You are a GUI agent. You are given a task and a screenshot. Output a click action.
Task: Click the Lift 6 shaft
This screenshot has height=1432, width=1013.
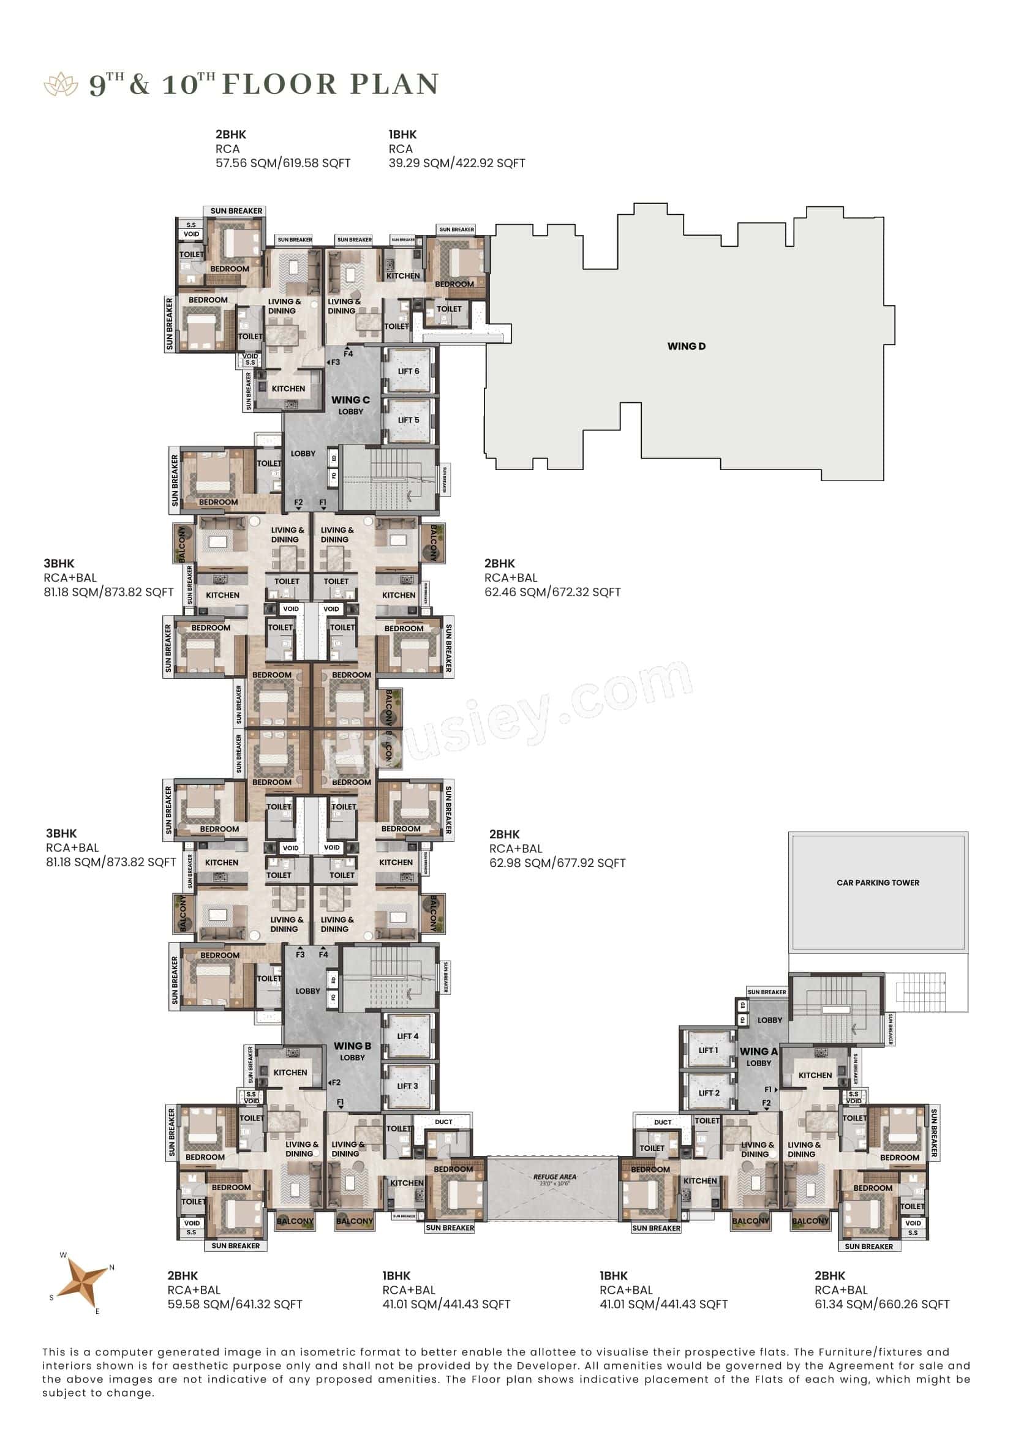coord(409,371)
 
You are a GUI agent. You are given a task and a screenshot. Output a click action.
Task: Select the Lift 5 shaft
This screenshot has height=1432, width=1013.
coord(409,421)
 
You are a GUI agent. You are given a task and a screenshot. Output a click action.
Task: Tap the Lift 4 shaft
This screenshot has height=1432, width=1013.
coord(408,1036)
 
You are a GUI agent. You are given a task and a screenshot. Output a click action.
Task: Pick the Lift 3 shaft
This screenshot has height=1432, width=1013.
coord(408,1086)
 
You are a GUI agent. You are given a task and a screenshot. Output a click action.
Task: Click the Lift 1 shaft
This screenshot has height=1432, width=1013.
coord(709,1051)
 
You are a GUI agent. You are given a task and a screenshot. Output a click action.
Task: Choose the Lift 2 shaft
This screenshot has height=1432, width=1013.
coord(709,1093)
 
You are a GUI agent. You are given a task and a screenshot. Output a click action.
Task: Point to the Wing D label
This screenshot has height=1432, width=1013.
coord(686,346)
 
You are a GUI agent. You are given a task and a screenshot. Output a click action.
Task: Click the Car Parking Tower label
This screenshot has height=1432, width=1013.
coord(878,883)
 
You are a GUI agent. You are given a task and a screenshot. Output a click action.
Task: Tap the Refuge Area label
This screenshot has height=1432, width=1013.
coord(554,1177)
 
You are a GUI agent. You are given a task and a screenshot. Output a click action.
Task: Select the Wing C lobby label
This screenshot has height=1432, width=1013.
coord(350,405)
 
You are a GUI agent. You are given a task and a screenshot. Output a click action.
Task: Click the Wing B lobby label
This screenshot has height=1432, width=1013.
coord(352,1051)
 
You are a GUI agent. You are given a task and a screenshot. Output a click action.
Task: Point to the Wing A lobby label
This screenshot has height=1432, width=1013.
coord(758,1057)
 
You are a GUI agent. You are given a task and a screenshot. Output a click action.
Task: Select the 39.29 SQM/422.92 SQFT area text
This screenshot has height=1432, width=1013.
coord(457,163)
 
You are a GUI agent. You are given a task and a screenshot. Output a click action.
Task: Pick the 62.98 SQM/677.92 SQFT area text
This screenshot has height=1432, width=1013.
coord(557,863)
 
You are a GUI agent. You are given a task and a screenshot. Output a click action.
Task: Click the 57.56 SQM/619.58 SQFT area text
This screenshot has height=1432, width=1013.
coord(283,163)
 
